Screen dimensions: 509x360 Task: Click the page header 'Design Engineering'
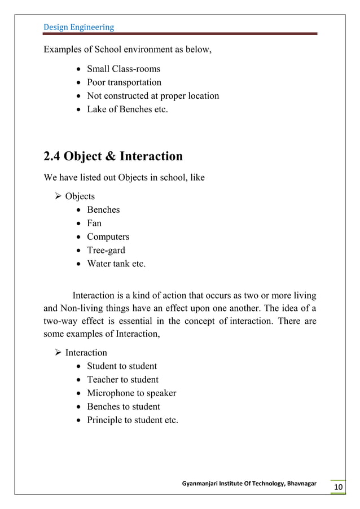click(78, 27)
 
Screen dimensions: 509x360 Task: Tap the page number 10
click(339, 488)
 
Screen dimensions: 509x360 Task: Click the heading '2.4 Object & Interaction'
click(113, 156)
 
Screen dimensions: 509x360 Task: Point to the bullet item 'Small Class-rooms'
click(123, 69)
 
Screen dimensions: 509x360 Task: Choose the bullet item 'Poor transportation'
click(124, 82)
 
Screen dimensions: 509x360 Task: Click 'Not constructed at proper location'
click(152, 96)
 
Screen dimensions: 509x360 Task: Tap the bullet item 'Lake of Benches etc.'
click(127, 109)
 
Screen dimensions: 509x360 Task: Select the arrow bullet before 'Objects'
click(56, 196)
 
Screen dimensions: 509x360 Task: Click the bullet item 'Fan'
click(94, 223)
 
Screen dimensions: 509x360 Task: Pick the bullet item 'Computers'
click(108, 237)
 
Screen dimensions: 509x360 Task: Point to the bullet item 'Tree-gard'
click(106, 251)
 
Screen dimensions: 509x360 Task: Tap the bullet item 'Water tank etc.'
click(116, 264)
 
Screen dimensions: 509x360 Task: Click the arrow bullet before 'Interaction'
click(56, 353)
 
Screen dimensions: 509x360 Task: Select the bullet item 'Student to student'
click(121, 366)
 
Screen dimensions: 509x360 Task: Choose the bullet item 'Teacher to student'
click(122, 380)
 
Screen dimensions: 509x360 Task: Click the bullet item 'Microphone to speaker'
click(131, 393)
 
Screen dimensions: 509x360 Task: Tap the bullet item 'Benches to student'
click(123, 407)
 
